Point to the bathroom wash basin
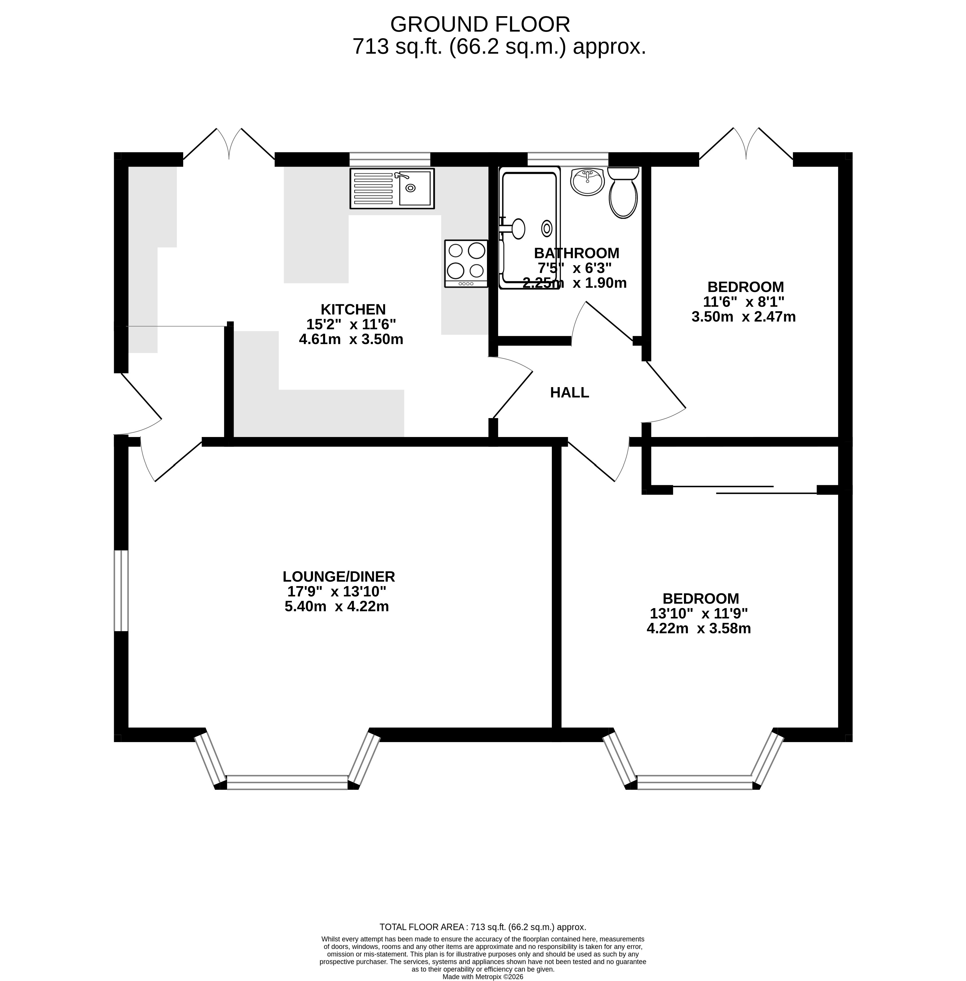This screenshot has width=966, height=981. coord(588,182)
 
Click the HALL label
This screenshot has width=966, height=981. coord(569,392)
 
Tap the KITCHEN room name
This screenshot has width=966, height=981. coord(353,309)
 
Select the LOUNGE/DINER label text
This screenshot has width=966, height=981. coord(339,576)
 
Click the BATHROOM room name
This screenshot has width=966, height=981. coord(576,253)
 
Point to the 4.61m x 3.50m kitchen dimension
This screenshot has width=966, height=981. coord(351,339)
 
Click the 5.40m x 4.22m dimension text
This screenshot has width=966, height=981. coord(337,606)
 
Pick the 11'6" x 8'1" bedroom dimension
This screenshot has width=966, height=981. coord(744,301)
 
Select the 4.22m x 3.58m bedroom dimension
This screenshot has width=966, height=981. coord(699,628)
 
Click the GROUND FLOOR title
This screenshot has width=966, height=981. coord(480,24)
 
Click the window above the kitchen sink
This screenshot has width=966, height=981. coord(390,159)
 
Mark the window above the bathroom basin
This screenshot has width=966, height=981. coord(568,159)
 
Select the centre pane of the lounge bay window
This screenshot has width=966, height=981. coord(287,782)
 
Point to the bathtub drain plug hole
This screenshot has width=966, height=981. coord(546,228)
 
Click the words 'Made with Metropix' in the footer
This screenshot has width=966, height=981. coord(469,976)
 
